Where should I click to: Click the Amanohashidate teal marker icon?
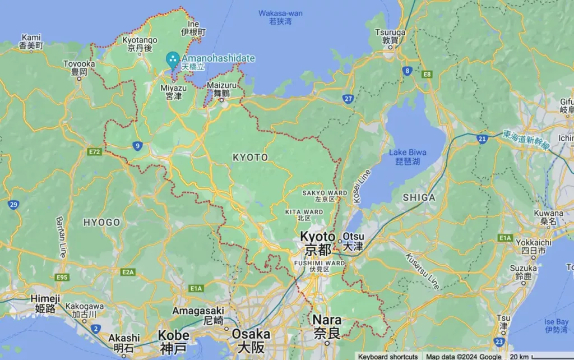click(x=173, y=58)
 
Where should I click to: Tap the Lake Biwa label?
click(x=408, y=156)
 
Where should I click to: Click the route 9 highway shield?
click(x=137, y=146)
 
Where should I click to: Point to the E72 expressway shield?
click(x=94, y=151)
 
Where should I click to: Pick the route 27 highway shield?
click(x=348, y=99)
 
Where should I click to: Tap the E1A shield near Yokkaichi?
click(x=505, y=238)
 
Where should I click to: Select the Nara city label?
click(x=327, y=325)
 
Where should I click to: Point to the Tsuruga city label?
click(x=390, y=36)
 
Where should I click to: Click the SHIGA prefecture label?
click(x=419, y=197)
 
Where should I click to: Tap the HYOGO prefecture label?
click(x=101, y=223)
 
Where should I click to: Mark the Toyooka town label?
click(x=79, y=68)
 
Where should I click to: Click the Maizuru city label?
click(x=222, y=90)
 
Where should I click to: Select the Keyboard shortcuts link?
click(x=388, y=356)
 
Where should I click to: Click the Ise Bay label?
click(x=556, y=326)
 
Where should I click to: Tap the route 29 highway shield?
click(x=13, y=205)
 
